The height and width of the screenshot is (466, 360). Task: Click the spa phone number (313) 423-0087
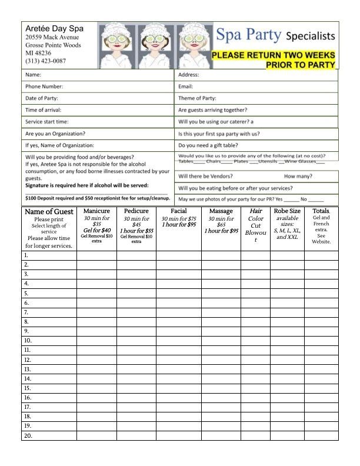pyautogui.click(x=45, y=61)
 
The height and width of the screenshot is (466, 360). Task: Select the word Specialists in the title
pyautogui.click(x=310, y=36)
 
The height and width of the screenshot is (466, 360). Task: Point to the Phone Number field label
pyautogui.click(x=44, y=86)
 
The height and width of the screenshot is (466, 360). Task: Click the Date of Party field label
pyautogui.click(x=42, y=98)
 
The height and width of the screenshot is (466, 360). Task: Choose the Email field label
pyautogui.click(x=186, y=86)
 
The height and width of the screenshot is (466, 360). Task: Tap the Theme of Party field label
pyautogui.click(x=197, y=98)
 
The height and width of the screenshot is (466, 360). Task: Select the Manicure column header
pyautogui.click(x=97, y=211)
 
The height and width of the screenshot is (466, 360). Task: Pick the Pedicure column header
pyautogui.click(x=136, y=211)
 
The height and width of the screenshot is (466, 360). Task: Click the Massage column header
pyautogui.click(x=221, y=211)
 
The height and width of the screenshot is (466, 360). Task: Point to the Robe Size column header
pyautogui.click(x=287, y=211)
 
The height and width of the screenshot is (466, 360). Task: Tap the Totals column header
pyautogui.click(x=321, y=211)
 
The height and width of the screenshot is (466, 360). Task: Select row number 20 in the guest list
pyautogui.click(x=28, y=436)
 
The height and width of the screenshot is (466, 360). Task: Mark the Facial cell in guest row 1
pyautogui.click(x=179, y=255)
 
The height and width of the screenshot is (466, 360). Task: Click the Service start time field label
pyautogui.click(x=47, y=122)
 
